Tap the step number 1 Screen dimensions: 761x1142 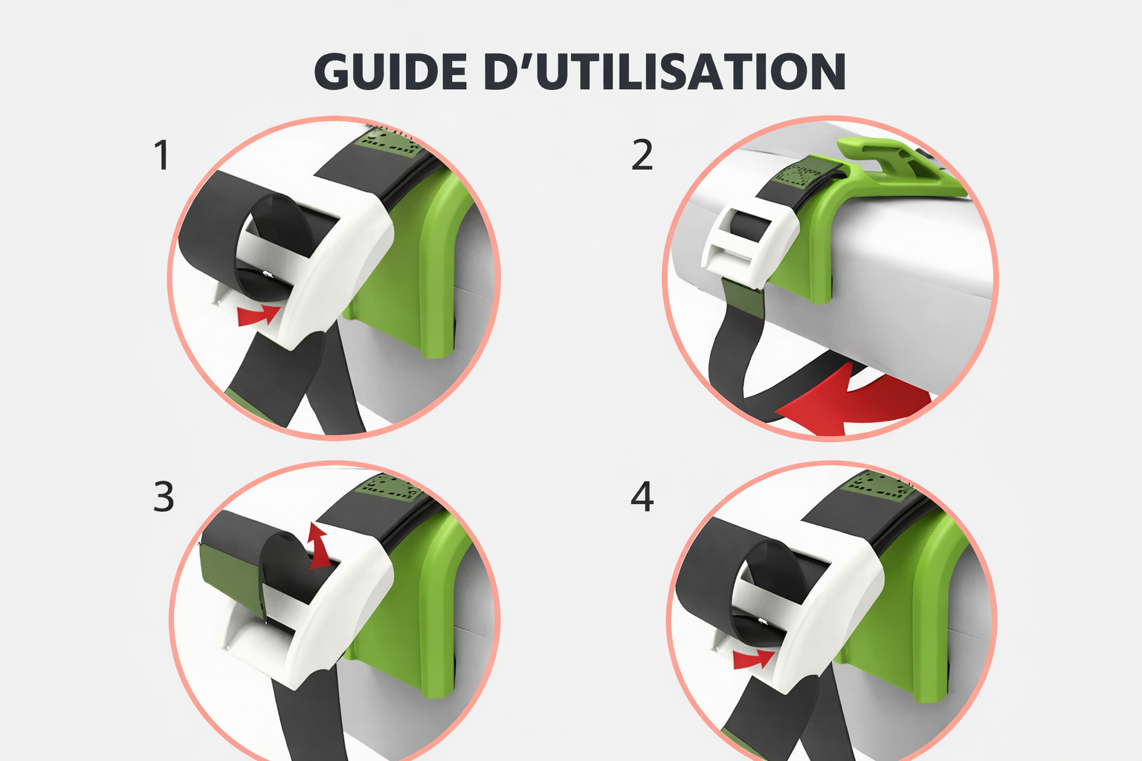click(161, 156)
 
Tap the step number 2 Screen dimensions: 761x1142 click(642, 156)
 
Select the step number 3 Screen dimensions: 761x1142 click(164, 496)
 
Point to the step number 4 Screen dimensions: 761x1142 click(642, 496)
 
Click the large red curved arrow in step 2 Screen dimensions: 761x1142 click(855, 401)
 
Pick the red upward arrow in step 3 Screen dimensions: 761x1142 click(320, 547)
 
